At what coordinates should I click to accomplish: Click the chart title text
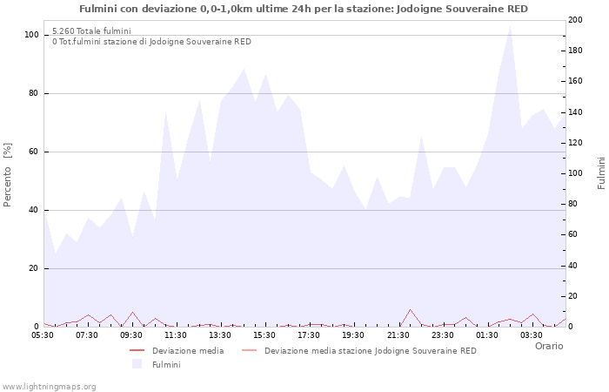[303, 9]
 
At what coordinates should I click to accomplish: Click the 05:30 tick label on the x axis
[43, 335]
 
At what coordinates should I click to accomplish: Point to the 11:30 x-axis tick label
[176, 335]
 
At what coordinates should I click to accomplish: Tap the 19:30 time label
[353, 335]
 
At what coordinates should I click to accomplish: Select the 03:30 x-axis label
[532, 335]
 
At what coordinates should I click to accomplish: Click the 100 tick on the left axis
[31, 35]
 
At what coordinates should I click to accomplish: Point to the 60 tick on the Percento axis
[34, 152]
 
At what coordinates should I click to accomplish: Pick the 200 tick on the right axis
[576, 20]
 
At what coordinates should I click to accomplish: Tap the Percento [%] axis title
[9, 174]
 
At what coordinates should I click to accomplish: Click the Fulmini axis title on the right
[601, 173]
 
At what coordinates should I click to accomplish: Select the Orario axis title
[548, 346]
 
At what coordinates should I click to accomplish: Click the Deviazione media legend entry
[187, 351]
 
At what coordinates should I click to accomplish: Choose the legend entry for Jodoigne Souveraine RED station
[370, 351]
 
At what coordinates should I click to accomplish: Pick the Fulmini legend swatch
[137, 364]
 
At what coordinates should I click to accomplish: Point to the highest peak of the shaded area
[510, 25]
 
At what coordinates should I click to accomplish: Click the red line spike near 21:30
[410, 309]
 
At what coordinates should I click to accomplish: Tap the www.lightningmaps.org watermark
[49, 386]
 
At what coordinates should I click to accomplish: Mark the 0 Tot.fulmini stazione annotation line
[151, 42]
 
